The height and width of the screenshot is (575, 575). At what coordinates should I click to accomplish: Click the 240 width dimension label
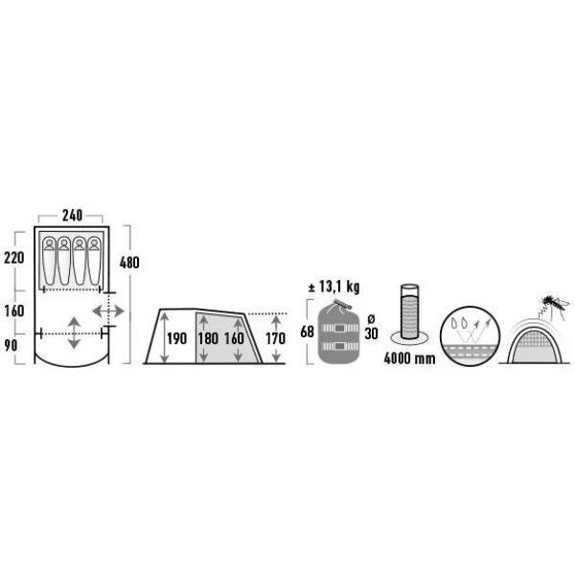(72, 216)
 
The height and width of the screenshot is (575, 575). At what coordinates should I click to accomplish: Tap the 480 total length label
(129, 263)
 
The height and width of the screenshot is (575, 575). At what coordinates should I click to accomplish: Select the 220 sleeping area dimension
(14, 258)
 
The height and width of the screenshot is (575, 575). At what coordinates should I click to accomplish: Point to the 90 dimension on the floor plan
(11, 345)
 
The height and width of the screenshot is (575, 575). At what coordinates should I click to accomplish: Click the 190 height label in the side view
(176, 338)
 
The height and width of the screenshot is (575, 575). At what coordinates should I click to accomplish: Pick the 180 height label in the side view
(208, 338)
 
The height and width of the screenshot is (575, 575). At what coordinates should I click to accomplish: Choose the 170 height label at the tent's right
(275, 338)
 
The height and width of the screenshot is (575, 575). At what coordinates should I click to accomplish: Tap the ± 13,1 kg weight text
(333, 287)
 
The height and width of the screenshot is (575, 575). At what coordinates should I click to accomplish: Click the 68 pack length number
(307, 332)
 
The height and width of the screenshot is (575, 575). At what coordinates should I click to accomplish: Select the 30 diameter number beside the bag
(371, 333)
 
